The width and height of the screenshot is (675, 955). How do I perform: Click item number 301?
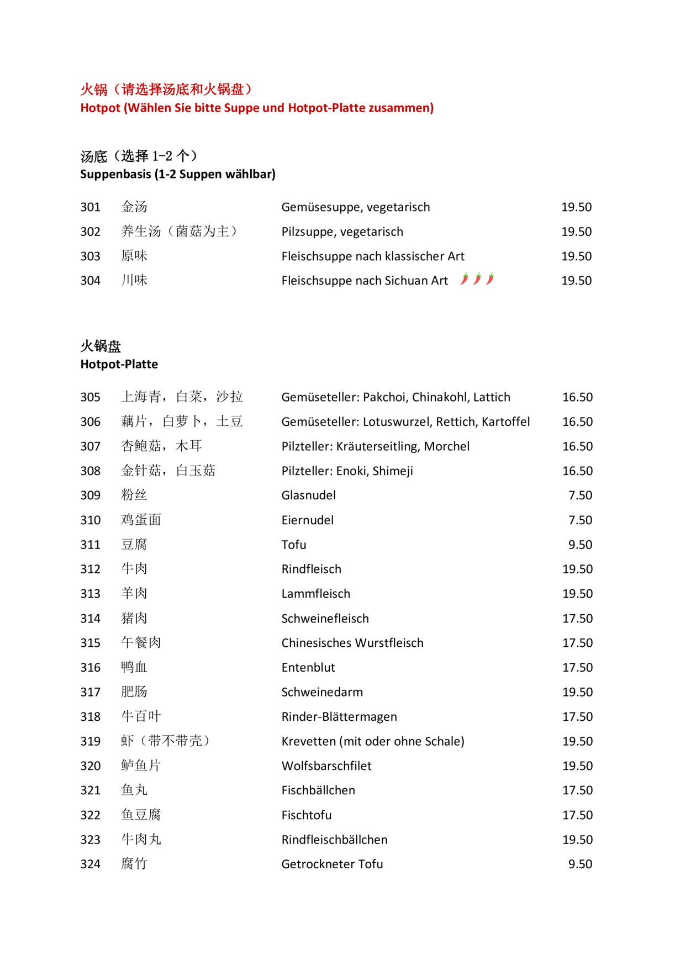[x=90, y=207]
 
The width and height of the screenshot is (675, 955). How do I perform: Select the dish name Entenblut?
[x=308, y=667]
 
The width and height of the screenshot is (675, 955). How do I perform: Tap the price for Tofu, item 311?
[x=580, y=545]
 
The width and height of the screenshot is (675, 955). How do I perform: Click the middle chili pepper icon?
[x=477, y=279]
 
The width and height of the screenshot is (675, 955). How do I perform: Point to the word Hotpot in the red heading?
[x=100, y=108]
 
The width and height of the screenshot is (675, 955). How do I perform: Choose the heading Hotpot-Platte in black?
[x=119, y=364]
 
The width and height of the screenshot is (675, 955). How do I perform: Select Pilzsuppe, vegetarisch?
[x=342, y=231]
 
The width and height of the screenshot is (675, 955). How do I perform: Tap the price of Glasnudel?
[x=580, y=495]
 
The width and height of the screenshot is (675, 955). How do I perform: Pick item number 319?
[x=90, y=741]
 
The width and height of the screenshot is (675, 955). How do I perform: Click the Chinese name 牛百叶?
[x=141, y=716]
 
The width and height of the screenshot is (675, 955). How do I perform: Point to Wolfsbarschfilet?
[x=326, y=766]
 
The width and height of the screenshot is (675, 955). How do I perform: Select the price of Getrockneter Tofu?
[x=580, y=864]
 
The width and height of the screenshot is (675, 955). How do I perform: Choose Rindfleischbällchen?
[x=334, y=840]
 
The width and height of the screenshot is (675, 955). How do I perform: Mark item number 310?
[x=90, y=520]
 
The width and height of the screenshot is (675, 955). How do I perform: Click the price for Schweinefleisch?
[x=577, y=619]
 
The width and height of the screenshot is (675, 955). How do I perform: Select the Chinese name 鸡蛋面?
[x=141, y=520]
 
